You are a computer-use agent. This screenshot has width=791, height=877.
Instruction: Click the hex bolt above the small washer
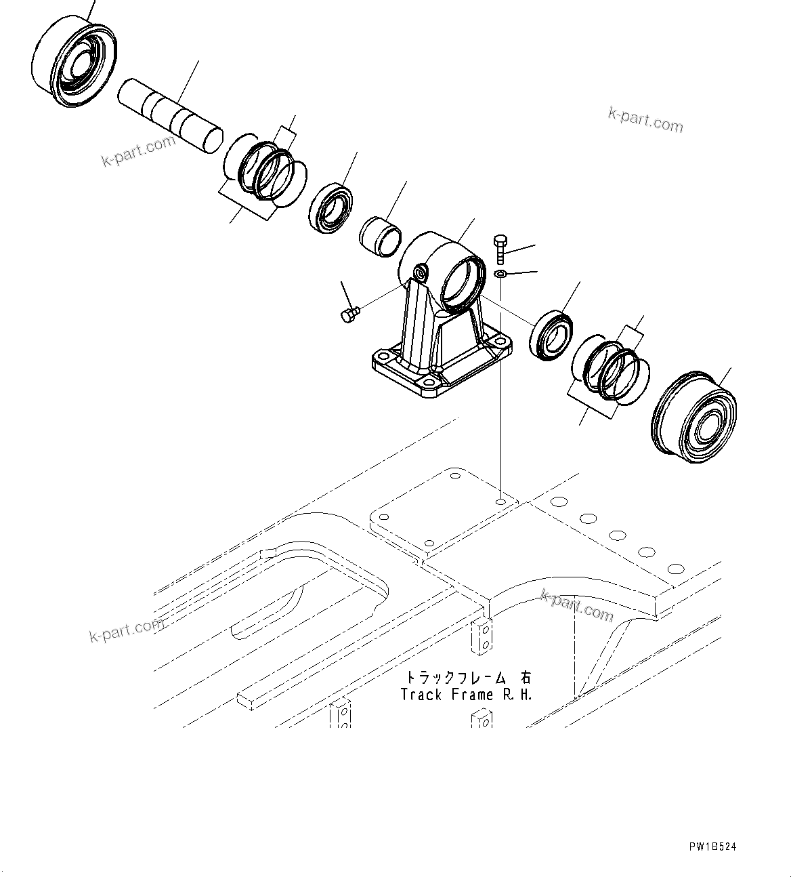coord(500,249)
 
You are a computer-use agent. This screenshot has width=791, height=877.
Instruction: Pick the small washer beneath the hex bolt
coord(500,274)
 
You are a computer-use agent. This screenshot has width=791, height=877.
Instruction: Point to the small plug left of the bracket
coord(348,314)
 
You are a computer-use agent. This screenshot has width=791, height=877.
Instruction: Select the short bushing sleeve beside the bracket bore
coord(381,237)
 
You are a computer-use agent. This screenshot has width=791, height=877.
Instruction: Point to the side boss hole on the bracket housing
coord(421,272)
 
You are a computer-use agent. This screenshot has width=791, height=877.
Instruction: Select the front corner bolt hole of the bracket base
coord(427,386)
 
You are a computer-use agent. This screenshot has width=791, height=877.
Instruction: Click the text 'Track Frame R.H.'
coord(466,695)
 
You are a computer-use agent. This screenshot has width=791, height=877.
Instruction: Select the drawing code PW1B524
coord(712,847)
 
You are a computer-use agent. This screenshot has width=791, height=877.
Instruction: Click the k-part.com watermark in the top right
coord(645,120)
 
